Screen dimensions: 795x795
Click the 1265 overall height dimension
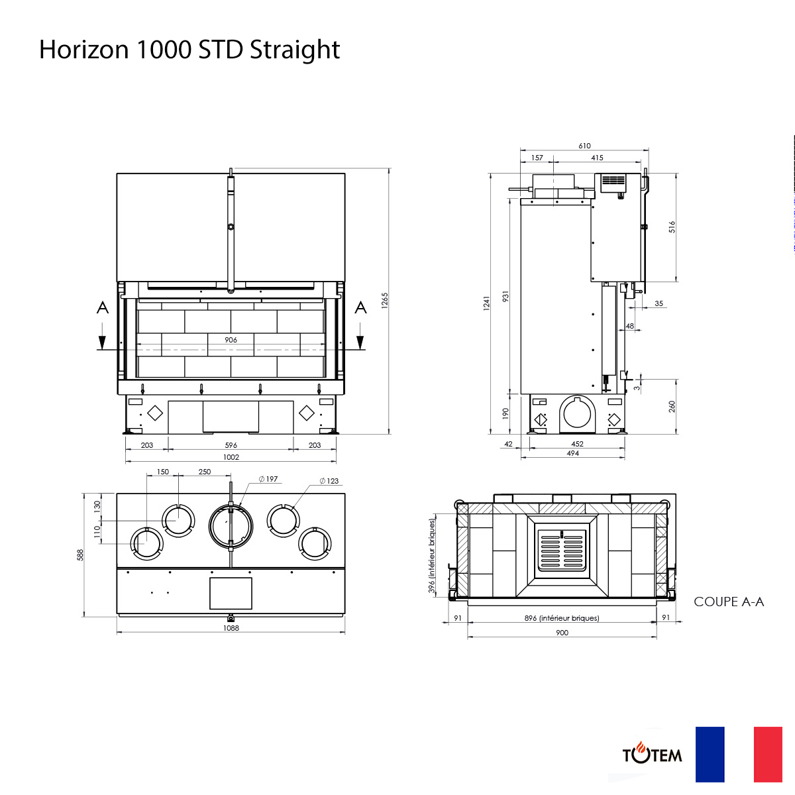pos(384,300)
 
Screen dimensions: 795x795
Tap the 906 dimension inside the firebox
pos(231,340)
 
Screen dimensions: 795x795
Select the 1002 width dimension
pos(231,457)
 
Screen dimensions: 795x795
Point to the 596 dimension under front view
pos(231,445)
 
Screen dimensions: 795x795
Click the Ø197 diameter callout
pos(268,479)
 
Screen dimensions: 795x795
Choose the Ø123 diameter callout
pos(329,481)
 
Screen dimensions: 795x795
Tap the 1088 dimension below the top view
pos(231,628)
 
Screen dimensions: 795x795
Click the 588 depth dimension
pos(80,555)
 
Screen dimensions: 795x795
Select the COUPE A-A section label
pos(729,602)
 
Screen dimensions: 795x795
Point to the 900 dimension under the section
pos(562,633)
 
